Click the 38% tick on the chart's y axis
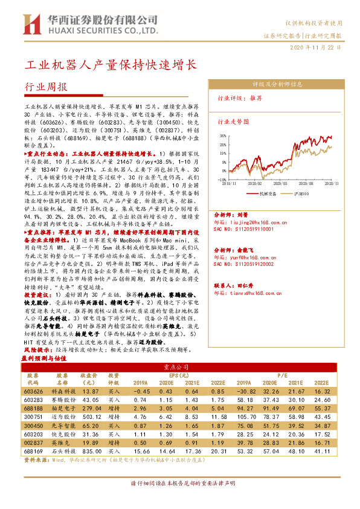click(x=223, y=137)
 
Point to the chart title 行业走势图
click(x=233, y=122)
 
